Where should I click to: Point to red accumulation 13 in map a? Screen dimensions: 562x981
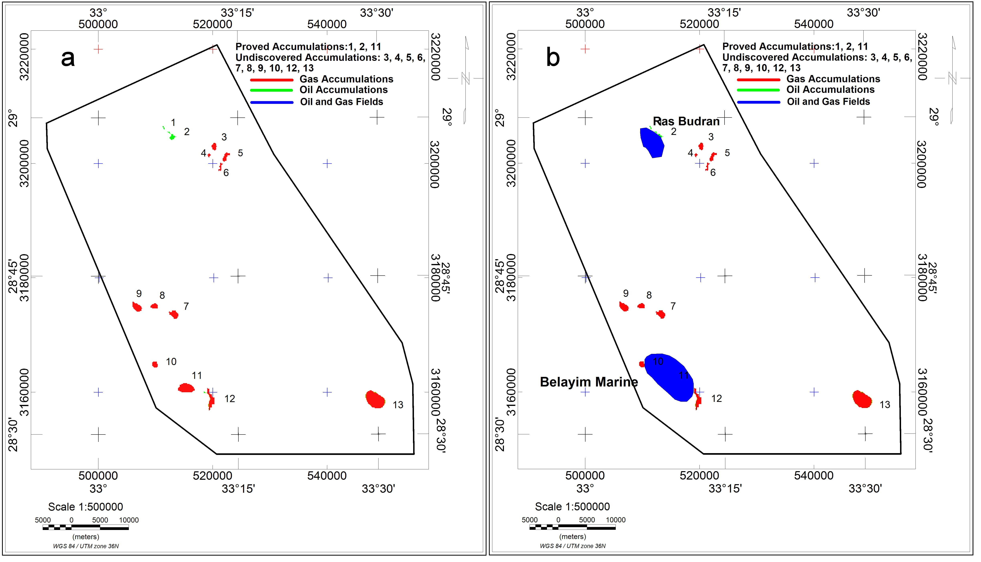coord(375,399)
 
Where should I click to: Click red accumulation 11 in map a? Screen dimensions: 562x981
coord(186,388)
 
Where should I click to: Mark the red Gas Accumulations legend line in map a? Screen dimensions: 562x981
coord(272,80)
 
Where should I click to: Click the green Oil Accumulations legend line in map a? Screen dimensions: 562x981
coord(272,90)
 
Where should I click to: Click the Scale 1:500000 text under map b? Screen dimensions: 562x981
coord(572,506)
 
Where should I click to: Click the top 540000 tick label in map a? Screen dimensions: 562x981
coord(327,24)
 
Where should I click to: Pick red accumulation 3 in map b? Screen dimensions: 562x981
coord(701,146)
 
